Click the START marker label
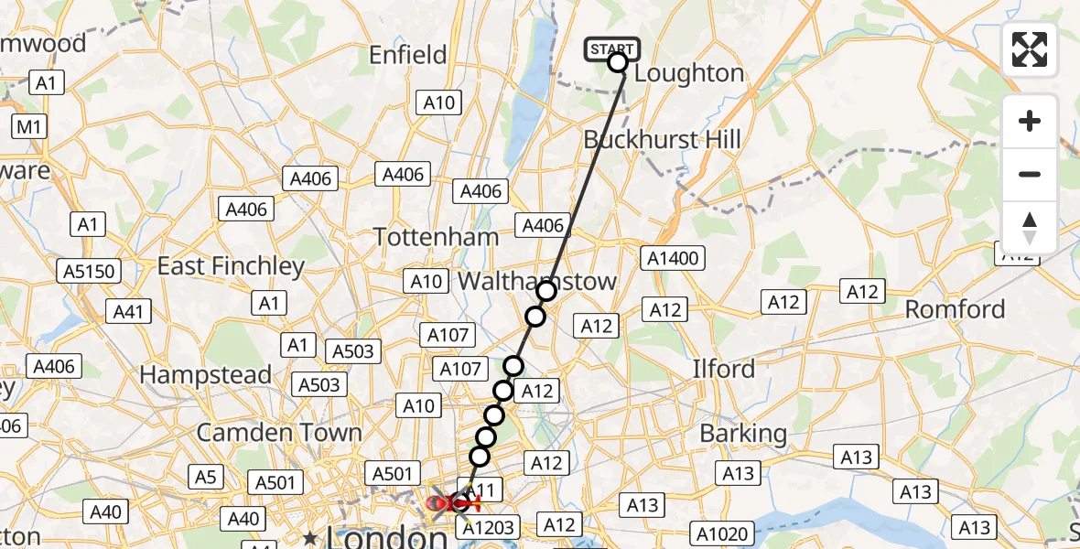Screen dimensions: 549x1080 611,48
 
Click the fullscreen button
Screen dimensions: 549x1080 1030,49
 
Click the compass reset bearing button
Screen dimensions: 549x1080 1030,228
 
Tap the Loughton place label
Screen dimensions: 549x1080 688,73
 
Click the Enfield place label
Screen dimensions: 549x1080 407,55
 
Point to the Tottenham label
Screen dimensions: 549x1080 437,237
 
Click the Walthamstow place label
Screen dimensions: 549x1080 537,281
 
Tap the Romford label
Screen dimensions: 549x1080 955,309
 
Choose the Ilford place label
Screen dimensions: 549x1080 723,370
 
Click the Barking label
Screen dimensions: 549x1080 743,433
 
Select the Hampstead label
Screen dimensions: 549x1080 205,374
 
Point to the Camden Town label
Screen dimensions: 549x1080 279,432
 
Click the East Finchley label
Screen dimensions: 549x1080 231,266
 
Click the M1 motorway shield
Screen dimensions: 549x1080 28,126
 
